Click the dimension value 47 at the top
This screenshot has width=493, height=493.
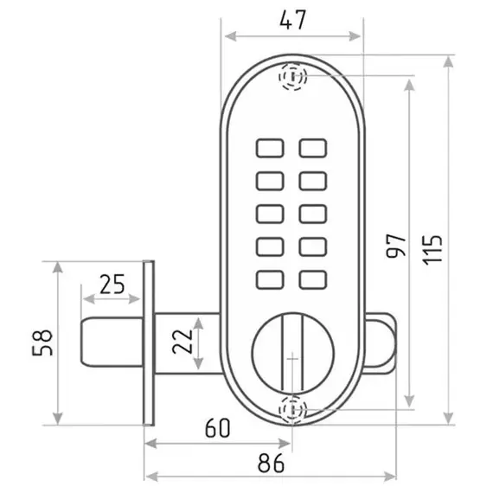292,20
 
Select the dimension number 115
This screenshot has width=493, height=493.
432,250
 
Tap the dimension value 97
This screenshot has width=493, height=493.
396,246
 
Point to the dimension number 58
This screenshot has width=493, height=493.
42,343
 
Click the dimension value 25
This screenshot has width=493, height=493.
112,285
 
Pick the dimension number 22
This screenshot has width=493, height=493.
182,341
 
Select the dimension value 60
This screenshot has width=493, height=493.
218,427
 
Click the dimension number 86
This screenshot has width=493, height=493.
271,463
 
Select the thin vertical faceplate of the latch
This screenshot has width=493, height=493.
149,343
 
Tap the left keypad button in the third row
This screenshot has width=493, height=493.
270,214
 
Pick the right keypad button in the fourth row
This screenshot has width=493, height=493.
313,246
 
